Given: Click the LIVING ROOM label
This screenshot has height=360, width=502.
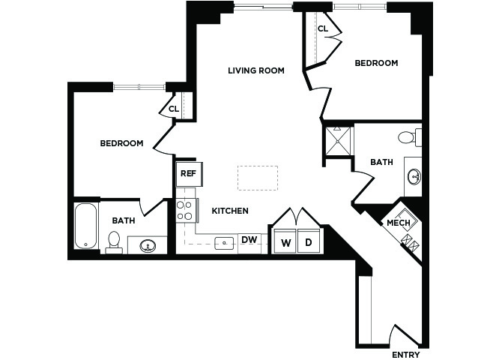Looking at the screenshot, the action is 256,70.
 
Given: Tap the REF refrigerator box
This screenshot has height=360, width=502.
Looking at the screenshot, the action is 189,174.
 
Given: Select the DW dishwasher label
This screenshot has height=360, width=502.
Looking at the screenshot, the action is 250,240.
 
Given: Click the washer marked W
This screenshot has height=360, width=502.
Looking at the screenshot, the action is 285,241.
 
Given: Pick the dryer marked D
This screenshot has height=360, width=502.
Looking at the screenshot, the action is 309,241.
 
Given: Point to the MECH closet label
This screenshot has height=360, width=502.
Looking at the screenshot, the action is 399,223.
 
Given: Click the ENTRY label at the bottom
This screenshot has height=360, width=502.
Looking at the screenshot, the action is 406,355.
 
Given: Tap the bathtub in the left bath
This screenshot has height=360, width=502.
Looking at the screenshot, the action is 86,226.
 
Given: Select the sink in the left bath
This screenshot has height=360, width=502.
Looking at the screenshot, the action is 148,246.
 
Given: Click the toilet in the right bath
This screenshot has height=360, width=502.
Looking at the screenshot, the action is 410,137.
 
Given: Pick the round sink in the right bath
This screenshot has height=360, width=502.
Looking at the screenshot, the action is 414,177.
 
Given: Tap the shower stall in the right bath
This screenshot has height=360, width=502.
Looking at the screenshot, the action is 337,141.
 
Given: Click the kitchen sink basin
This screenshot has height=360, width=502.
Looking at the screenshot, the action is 224,243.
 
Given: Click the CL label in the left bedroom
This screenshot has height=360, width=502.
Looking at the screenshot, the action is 174,109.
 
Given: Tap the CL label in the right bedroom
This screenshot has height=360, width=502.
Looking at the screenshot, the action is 323,28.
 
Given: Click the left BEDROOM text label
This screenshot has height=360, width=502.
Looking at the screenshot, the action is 121,143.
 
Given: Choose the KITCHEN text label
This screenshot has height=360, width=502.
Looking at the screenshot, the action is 230,211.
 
